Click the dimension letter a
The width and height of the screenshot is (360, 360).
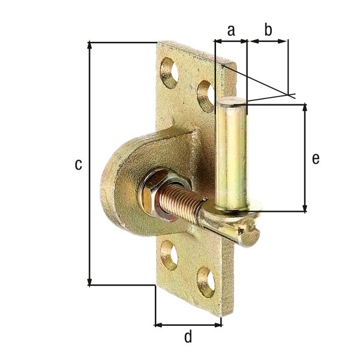pyautogui.click(x=230, y=29)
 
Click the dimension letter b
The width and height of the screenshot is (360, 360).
pyautogui.click(x=268, y=29)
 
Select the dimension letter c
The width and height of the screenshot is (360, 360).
pyautogui.click(x=78, y=164)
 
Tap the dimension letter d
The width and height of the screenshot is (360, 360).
pyautogui.click(x=188, y=337)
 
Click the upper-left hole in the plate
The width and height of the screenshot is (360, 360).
pyautogui.click(x=170, y=73)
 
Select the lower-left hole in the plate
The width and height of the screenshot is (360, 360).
pyautogui.click(x=170, y=256)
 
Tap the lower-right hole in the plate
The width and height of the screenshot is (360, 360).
pyautogui.click(x=206, y=282)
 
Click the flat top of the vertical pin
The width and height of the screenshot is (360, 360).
pyautogui.click(x=232, y=103)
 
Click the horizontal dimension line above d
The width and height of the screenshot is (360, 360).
pyautogui.click(x=188, y=325)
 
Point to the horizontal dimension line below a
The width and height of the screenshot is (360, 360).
pyautogui.click(x=230, y=41)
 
